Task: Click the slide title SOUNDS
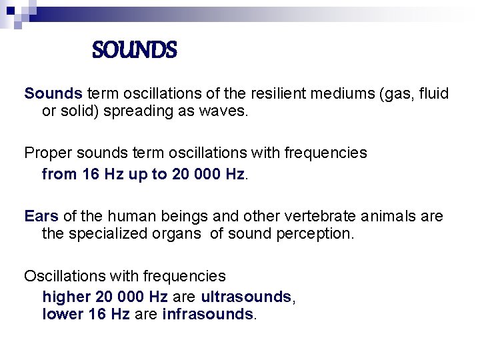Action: pos(134,50)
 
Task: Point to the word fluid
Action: pos(433,94)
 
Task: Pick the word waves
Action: pos(226,111)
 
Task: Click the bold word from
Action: pos(59,174)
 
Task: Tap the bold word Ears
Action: pos(41,216)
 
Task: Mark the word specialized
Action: pos(105,234)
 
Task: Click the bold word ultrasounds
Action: pos(246,297)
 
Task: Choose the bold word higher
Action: pos(64,297)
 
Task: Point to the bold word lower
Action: pos(62,314)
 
